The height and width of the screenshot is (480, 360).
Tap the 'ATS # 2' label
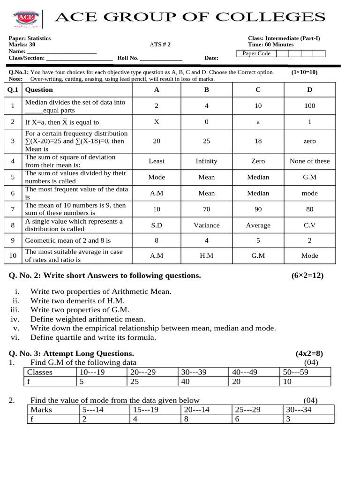160,45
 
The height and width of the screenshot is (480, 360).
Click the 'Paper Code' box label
256,53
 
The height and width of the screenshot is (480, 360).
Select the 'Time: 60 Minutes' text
270,45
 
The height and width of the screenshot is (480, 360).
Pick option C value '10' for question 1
258,106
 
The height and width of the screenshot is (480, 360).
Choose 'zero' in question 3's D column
309,141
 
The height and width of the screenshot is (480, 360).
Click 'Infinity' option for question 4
206,161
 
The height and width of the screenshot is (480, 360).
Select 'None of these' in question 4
309,161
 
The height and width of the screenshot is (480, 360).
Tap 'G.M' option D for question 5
309,177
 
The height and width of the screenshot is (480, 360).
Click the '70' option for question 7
206,210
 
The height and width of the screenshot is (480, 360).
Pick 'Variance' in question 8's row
206,225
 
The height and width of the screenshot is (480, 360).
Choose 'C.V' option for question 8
309,225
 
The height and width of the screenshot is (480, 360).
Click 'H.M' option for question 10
206,256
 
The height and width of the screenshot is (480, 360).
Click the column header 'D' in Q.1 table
309,90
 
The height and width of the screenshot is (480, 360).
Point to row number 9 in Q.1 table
13,240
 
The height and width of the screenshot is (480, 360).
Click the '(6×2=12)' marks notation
307,275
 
